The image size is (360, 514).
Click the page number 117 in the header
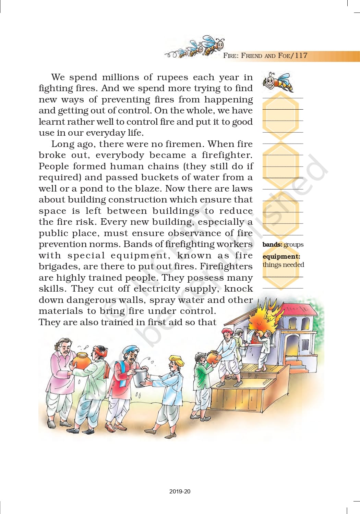tap(301, 56)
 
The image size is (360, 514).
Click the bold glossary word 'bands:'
tap(272, 245)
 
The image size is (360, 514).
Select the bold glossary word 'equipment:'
tap(281, 257)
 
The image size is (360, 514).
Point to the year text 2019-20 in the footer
tap(180, 491)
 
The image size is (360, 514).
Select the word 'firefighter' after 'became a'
tap(226, 155)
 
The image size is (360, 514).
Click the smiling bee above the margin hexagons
tap(278, 82)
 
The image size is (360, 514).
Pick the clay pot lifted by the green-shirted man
tap(213, 357)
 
